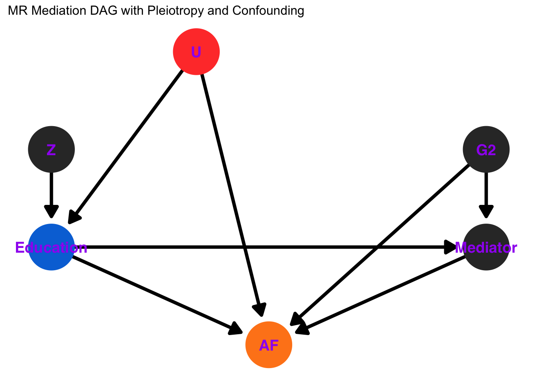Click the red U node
[x=196, y=52]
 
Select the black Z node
[x=51, y=150]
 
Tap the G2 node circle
[x=486, y=150]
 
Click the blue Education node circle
[x=51, y=248]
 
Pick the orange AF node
[x=269, y=345]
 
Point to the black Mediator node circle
[x=486, y=248]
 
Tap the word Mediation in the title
[x=58, y=11]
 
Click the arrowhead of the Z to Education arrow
[x=51, y=212]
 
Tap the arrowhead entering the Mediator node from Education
[x=451, y=248]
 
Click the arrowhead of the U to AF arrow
[x=260, y=310]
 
